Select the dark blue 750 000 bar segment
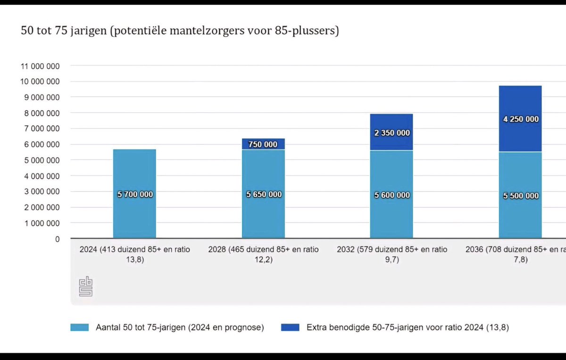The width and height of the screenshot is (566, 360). tap(263, 144)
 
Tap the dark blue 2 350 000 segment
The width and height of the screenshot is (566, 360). tap(391, 133)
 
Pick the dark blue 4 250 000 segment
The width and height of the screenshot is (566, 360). tap(520, 119)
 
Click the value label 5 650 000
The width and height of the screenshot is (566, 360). tap(264, 194)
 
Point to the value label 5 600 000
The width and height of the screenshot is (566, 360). tap(392, 195)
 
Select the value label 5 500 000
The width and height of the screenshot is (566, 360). tap(521, 196)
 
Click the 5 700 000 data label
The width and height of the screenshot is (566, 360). tap(135, 194)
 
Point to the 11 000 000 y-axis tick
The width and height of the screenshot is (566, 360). tap(40, 66)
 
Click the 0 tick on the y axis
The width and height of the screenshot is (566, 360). tap(57, 239)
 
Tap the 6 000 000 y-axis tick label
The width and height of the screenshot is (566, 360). tap(40, 145)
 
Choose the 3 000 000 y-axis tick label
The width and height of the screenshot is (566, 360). tap(40, 192)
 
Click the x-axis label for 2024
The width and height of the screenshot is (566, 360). tap(134, 254)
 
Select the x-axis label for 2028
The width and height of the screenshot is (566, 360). tap(263, 254)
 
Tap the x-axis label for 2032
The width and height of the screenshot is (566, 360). tap(392, 254)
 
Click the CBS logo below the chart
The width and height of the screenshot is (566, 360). tap(86, 286)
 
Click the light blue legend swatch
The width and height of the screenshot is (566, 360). tap(79, 327)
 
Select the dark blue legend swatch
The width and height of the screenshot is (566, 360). tap(290, 327)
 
